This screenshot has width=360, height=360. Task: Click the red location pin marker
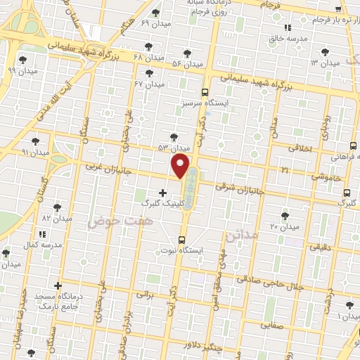pyautogui.click(x=181, y=166)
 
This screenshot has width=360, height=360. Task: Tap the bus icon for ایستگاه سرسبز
pyautogui.click(x=205, y=92)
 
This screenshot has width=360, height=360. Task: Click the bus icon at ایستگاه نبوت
pyautogui.click(x=182, y=239)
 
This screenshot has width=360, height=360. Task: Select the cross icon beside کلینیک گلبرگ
pyautogui.click(x=162, y=192)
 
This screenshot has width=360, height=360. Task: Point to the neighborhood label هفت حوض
pyautogui.click(x=111, y=221)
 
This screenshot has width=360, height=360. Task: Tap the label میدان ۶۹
pyautogui.click(x=155, y=23)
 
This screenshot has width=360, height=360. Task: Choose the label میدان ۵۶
pyautogui.click(x=186, y=63)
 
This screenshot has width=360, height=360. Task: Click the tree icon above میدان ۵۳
pyautogui.click(x=174, y=137)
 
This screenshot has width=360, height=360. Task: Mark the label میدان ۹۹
pyautogui.click(x=21, y=70)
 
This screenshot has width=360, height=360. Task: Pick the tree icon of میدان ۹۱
pyautogui.click(x=34, y=141)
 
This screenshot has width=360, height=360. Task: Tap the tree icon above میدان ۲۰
pyautogui.click(x=285, y=216)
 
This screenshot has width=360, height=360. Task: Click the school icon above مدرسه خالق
pyautogui.click(x=286, y=28)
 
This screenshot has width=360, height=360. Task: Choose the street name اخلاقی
pyautogui.click(x=303, y=148)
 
